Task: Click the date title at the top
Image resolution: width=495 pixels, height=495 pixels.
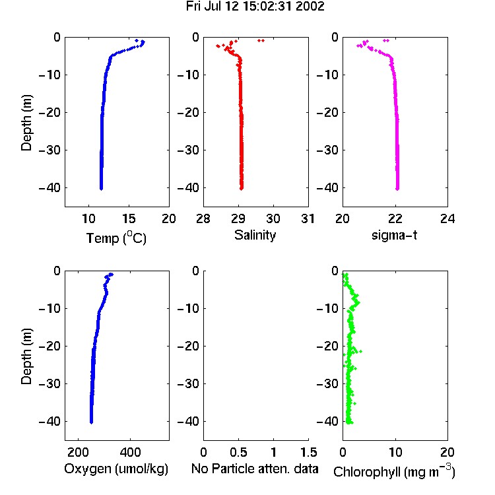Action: click(255, 7)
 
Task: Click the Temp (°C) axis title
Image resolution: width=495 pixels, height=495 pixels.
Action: click(116, 238)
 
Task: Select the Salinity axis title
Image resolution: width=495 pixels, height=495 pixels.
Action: click(255, 235)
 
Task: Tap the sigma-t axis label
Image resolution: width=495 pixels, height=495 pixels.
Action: click(394, 235)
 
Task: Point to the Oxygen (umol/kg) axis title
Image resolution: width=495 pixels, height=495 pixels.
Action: click(116, 469)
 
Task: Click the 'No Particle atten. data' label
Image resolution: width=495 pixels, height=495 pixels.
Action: click(255, 469)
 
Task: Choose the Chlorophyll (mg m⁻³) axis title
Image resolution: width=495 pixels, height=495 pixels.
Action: click(394, 471)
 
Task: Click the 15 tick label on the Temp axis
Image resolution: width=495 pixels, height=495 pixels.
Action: click(129, 218)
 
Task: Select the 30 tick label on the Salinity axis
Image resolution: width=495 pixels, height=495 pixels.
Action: click(273, 218)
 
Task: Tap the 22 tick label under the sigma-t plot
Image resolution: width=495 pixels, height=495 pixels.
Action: click(395, 218)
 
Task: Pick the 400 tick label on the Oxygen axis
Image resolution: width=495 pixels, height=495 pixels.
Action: click(130, 452)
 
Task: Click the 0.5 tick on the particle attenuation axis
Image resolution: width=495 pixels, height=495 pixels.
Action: click(238, 452)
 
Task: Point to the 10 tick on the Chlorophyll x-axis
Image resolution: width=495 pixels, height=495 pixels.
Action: click(395, 452)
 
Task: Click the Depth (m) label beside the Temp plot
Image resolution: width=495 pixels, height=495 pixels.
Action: click(26, 123)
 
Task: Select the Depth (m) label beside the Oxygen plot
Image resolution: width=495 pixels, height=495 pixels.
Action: click(26, 356)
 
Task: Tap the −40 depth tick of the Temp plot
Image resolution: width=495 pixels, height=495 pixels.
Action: click(49, 187)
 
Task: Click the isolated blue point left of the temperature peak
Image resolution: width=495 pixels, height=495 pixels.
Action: click(137, 40)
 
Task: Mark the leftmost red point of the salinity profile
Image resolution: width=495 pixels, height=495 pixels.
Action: click(218, 46)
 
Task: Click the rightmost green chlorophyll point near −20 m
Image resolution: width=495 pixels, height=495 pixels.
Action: click(360, 351)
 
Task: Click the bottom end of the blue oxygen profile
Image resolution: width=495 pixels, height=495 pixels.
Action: click(91, 422)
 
